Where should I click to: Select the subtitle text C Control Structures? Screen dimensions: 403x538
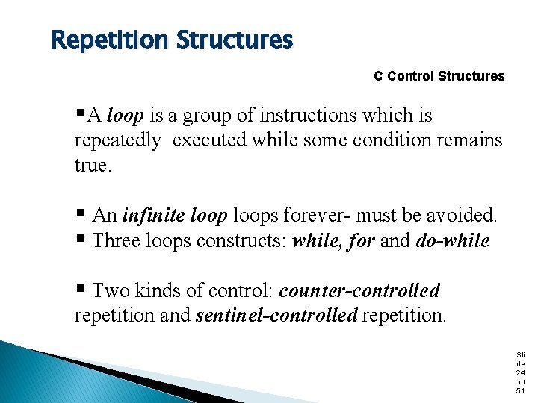tap(439, 76)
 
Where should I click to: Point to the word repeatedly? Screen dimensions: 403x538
tap(117, 140)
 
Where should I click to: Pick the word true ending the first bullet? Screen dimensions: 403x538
tap(91, 165)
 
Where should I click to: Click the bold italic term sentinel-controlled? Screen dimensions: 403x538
tap(276, 315)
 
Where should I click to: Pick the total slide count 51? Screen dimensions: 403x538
tap(521, 390)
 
